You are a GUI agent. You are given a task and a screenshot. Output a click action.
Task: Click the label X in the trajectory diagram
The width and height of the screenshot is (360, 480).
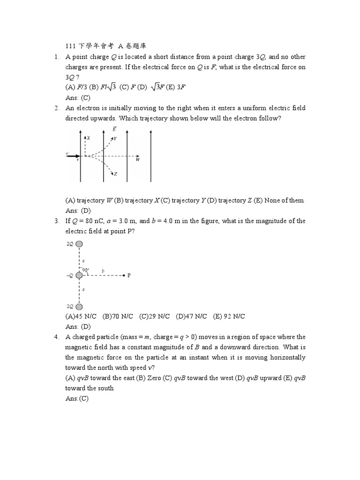coord(88,138)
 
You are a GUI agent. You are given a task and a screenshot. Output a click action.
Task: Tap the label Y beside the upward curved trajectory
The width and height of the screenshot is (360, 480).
coord(115,139)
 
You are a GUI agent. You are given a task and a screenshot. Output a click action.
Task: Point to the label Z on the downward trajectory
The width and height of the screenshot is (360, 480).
coord(115,174)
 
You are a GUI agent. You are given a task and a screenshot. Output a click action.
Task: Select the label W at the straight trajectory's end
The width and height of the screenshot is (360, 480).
coord(138,160)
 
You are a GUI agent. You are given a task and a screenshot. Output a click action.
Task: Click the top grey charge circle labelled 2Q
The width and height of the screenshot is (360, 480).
coord(79,244)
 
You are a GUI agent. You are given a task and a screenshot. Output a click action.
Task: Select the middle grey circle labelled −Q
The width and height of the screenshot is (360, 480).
coord(79,275)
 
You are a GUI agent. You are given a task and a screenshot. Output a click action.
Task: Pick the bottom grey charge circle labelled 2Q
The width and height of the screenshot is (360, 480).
coord(79,306)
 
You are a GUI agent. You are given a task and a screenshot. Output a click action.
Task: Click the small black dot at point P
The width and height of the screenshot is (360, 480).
coord(124,275)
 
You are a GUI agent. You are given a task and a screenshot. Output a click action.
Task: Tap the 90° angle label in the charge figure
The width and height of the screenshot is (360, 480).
coord(85,270)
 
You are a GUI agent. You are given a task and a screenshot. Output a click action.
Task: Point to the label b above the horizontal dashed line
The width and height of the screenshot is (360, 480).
coord(103,270)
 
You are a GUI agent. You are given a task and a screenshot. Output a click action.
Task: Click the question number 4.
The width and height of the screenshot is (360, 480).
coord(56,337)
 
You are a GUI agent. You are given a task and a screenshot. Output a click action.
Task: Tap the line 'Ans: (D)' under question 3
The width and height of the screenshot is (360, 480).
coord(78,327)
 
